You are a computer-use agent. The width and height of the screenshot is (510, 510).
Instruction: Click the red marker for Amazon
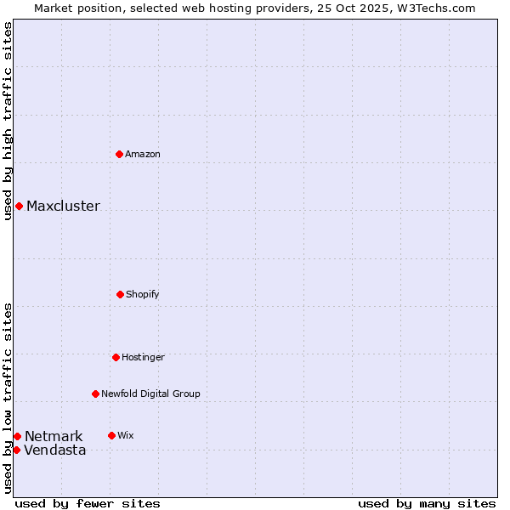point(119,154)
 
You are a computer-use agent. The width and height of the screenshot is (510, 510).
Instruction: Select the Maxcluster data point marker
point(19,206)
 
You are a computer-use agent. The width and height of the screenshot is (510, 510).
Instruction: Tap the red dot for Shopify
point(120,294)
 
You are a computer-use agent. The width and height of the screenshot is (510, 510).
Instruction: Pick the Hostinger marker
point(116,357)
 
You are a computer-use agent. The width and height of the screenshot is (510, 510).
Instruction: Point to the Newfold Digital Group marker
point(95,394)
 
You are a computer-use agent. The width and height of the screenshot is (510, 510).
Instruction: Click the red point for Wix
point(111,435)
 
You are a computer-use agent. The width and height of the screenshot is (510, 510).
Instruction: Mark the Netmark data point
point(17,436)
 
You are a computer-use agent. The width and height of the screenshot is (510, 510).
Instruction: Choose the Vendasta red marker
point(16,450)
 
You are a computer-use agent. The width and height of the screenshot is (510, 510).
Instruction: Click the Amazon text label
point(143,154)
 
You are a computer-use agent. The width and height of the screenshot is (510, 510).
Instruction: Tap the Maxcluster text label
point(63,206)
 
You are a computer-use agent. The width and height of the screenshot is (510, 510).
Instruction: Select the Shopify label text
point(143,294)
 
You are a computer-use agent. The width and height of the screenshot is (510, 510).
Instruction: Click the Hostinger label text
point(143,357)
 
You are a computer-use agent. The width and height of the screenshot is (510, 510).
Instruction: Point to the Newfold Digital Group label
point(150,394)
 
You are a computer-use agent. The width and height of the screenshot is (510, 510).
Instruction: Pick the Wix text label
point(126,435)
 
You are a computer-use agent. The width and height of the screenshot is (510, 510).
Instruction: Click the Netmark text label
point(54,436)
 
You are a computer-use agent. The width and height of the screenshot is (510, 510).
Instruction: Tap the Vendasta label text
point(55,450)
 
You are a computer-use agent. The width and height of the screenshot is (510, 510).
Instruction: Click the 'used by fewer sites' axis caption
point(88,503)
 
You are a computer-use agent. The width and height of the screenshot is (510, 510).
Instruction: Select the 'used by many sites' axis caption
point(427,503)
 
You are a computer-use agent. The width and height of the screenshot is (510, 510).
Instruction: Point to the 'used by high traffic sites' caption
point(8,121)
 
